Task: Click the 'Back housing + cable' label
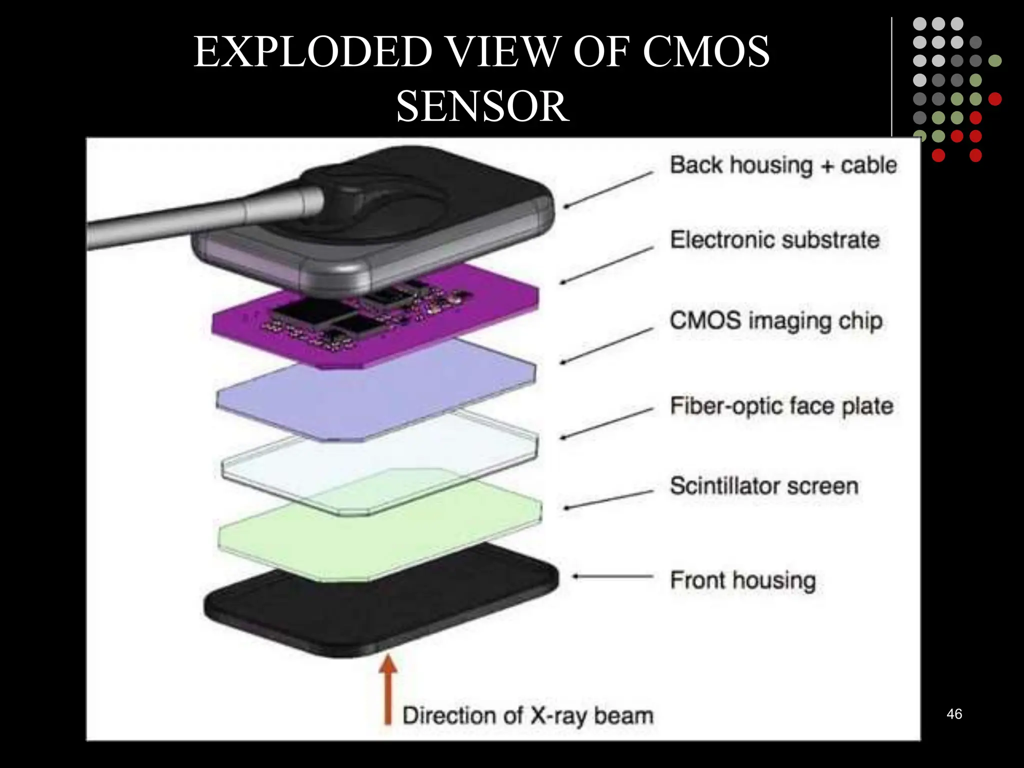(x=783, y=165)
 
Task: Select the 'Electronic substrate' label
(x=774, y=240)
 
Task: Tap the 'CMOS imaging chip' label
(x=776, y=321)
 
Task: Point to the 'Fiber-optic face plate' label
(x=781, y=406)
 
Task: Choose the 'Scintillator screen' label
(x=764, y=486)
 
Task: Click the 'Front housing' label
(x=743, y=580)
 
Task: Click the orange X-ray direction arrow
(x=387, y=689)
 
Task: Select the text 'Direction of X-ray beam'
(x=528, y=715)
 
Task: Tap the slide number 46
(x=954, y=714)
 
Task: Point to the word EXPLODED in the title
(x=313, y=52)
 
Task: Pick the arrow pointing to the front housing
(x=612, y=576)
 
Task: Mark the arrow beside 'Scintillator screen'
(x=608, y=499)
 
